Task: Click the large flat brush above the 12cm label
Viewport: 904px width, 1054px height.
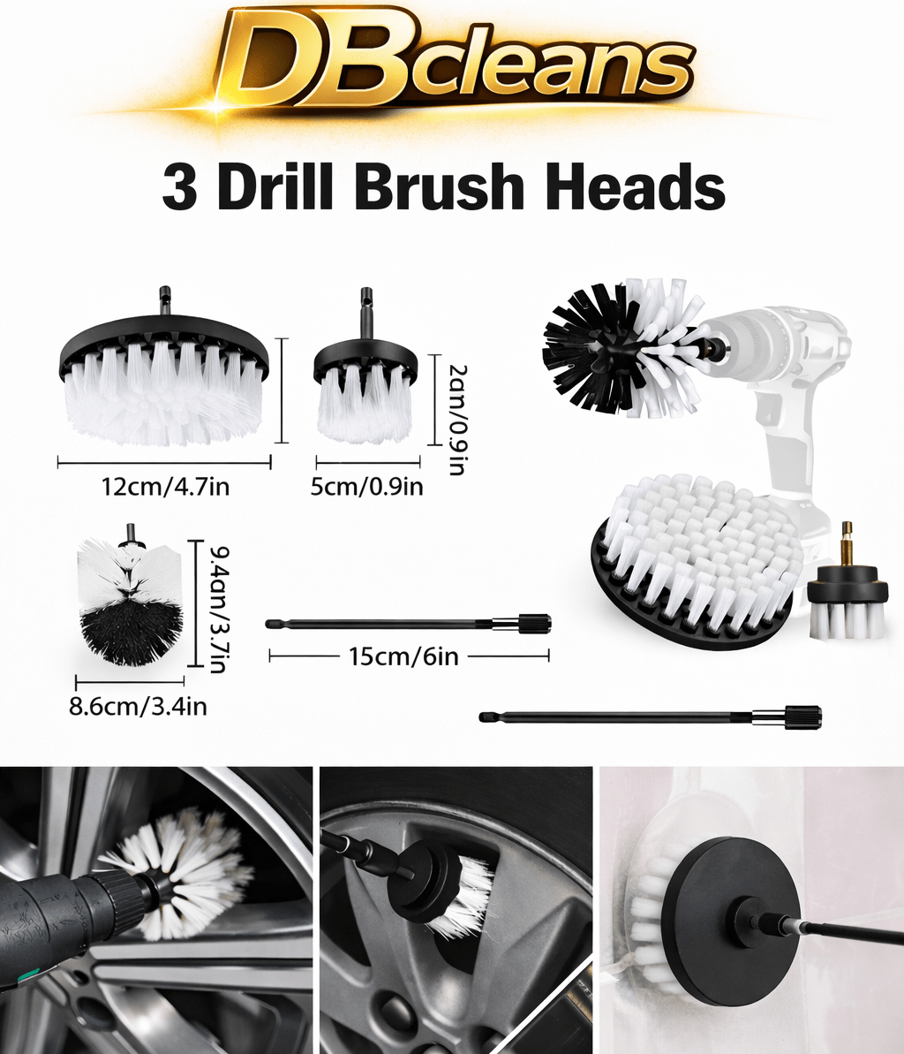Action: pyautogui.click(x=164, y=380)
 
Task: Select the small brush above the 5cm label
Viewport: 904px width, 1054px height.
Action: pyautogui.click(x=365, y=389)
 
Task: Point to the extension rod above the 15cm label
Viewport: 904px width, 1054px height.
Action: pyautogui.click(x=408, y=624)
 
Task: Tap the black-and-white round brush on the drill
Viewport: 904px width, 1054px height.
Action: pyautogui.click(x=618, y=346)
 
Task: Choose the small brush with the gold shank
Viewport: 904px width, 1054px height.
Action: pyautogui.click(x=847, y=592)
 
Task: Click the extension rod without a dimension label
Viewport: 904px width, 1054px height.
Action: pyautogui.click(x=651, y=717)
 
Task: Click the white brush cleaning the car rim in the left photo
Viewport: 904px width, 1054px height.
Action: pyautogui.click(x=185, y=870)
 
